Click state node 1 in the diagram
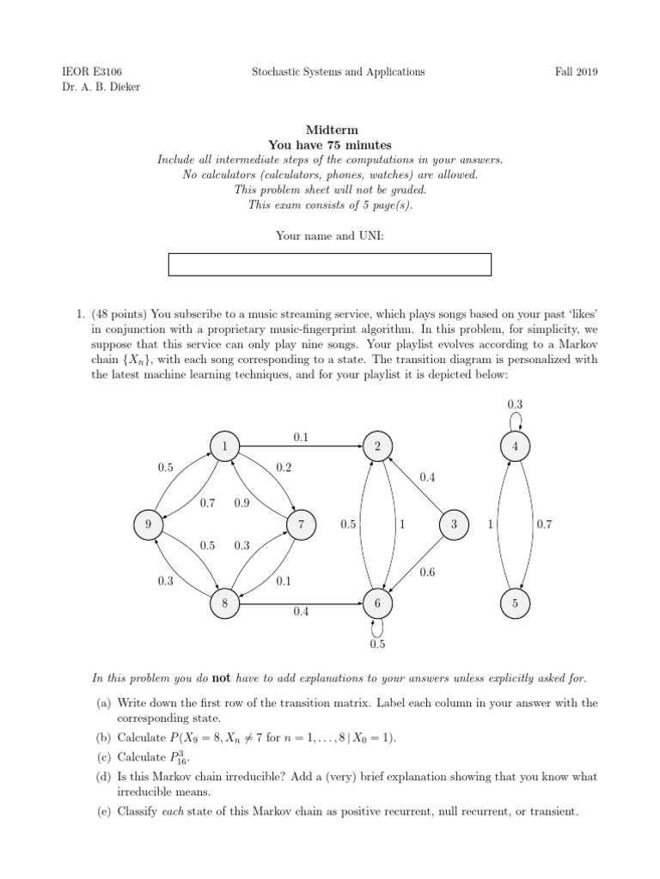click(x=224, y=446)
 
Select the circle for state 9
click(x=148, y=524)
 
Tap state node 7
click(x=301, y=524)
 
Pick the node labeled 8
click(x=224, y=603)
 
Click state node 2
click(x=376, y=446)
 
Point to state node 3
click(x=452, y=524)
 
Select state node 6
click(x=376, y=603)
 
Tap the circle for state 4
click(x=515, y=446)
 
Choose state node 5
click(x=515, y=603)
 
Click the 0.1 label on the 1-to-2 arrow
click(x=301, y=437)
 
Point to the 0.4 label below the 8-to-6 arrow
click(x=301, y=613)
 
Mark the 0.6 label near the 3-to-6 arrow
click(x=427, y=571)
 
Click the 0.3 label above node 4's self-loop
click(x=515, y=403)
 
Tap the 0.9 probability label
click(x=241, y=503)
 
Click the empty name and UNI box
click(x=329, y=264)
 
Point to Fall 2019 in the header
click(x=576, y=72)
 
